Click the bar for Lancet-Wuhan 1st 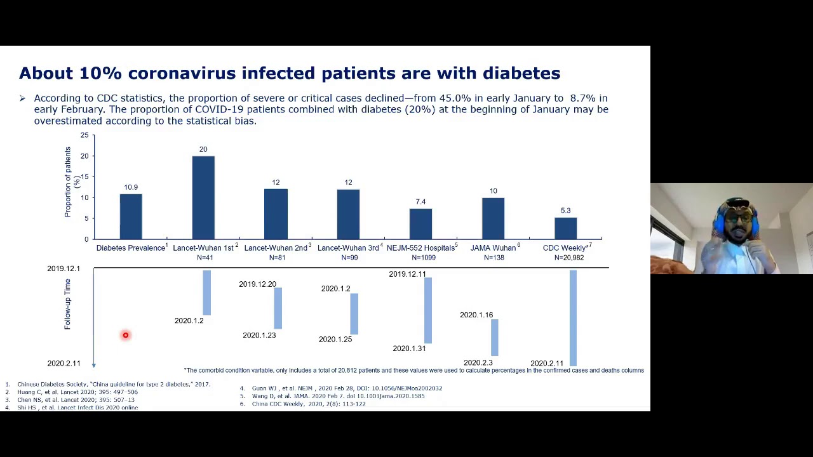pos(203,197)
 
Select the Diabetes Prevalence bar pos(131,216)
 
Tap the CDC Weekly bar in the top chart pos(565,228)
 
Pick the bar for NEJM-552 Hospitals pos(420,223)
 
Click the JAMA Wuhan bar pos(493,218)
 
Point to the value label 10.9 pos(131,187)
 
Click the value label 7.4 pos(420,202)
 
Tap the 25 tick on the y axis pos(84,135)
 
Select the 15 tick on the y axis pos(84,177)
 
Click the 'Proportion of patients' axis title pos(68,182)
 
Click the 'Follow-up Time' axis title pos(67,304)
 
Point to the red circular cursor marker pos(126,335)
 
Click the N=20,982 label pos(568,258)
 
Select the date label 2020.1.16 pos(476,315)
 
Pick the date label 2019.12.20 pos(257,284)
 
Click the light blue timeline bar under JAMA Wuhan pos(494,337)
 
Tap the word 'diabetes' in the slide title pos(521,74)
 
